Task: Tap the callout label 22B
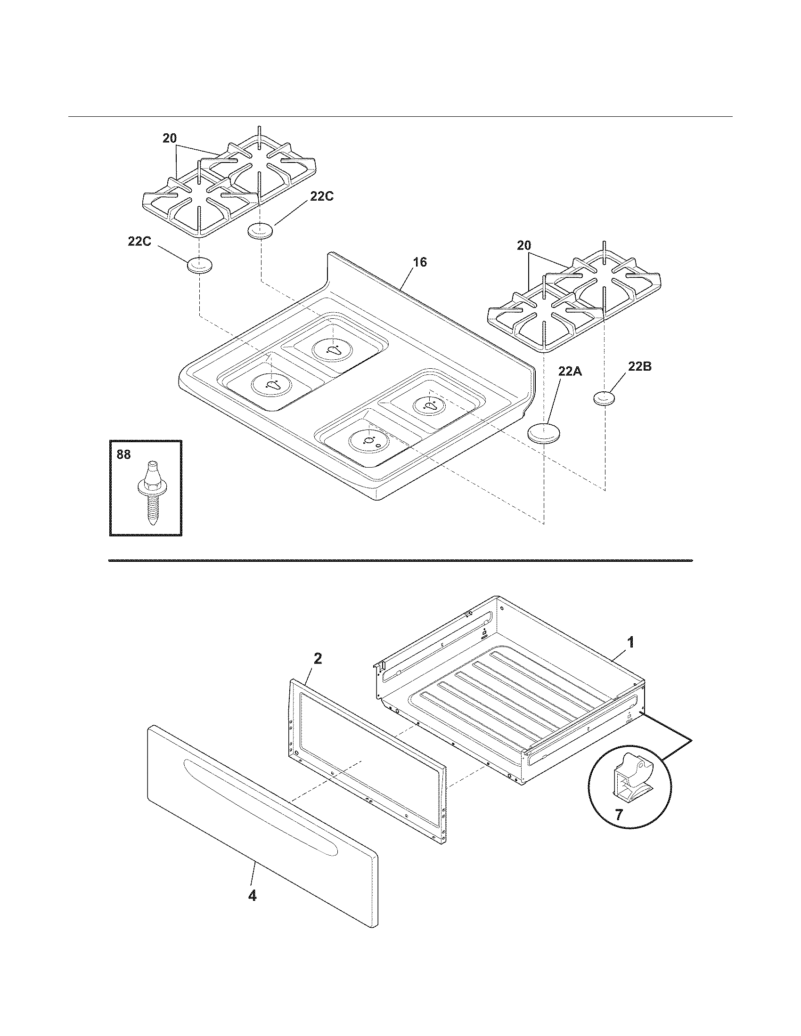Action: (x=639, y=366)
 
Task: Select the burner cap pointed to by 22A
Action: (x=544, y=434)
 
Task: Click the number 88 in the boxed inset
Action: (x=123, y=454)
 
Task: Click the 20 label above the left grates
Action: (x=170, y=138)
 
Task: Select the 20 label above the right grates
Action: (x=524, y=246)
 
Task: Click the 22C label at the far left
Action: (x=139, y=242)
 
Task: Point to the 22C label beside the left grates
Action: (x=321, y=196)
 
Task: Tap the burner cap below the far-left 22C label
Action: (x=199, y=266)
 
